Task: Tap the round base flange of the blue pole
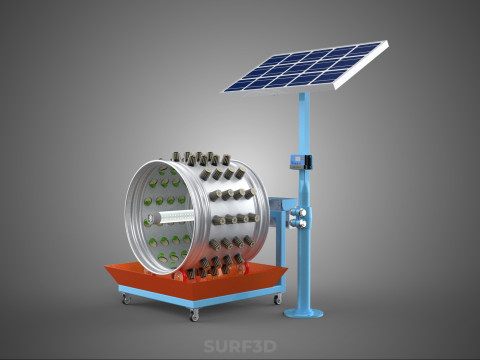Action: click(x=303, y=313)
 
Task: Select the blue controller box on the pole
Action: click(x=296, y=161)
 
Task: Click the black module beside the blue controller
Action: click(x=308, y=161)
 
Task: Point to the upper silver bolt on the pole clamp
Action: click(x=302, y=212)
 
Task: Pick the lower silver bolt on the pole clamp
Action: click(x=302, y=224)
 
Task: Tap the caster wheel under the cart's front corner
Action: click(x=194, y=314)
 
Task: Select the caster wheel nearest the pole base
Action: click(x=278, y=299)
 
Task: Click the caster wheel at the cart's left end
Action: click(x=126, y=299)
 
